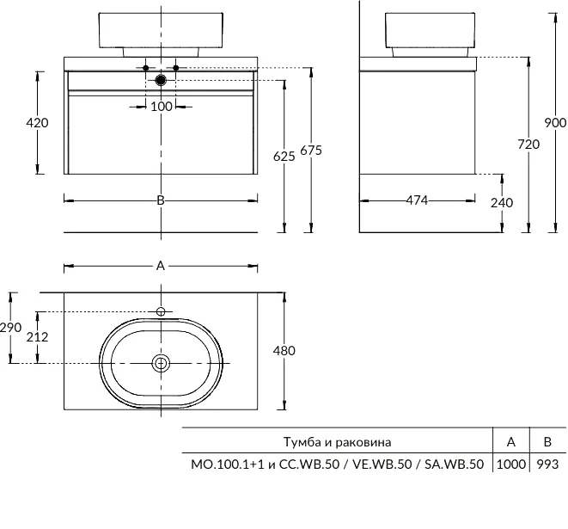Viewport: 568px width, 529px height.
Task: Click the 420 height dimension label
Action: tap(37, 123)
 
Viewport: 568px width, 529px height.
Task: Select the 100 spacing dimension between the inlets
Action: tap(162, 107)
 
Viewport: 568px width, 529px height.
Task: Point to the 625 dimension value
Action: tap(284, 157)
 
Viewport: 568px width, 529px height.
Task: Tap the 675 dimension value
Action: tap(311, 151)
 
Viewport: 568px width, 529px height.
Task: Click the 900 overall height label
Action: tap(555, 123)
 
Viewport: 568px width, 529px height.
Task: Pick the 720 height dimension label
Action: tap(528, 145)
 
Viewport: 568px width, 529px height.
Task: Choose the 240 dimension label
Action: tap(502, 203)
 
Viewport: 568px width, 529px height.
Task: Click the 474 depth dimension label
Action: tap(417, 200)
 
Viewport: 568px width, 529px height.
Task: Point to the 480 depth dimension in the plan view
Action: tap(284, 351)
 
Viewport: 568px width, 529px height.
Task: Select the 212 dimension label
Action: tap(37, 337)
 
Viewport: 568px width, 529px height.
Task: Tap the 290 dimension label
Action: tap(10, 328)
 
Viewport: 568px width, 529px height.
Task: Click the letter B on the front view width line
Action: tap(161, 200)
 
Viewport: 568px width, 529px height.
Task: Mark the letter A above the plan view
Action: tap(161, 266)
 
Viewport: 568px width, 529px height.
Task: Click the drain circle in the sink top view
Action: tap(161, 363)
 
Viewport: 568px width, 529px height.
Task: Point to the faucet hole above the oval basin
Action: tap(161, 311)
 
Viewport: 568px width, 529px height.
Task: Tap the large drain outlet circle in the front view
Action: tap(161, 80)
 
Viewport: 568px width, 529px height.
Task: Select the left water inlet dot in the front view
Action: tap(146, 68)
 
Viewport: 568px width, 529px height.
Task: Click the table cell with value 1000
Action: tap(510, 464)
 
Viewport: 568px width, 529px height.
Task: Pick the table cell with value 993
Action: tap(547, 464)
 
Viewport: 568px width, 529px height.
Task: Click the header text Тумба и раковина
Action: tap(337, 442)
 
